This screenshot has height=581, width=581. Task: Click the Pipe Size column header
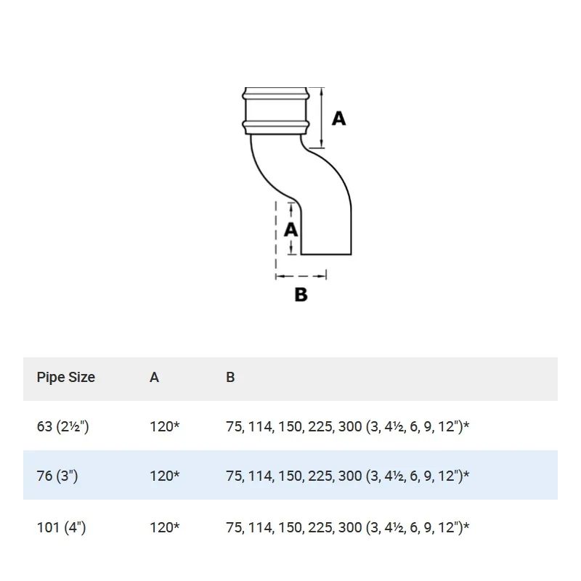click(x=65, y=378)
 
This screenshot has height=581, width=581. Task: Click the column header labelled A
click(x=154, y=378)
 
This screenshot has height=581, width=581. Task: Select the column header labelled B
click(x=230, y=378)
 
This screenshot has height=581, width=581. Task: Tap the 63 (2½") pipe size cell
click(x=62, y=426)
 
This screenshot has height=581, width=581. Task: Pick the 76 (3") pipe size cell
click(x=57, y=476)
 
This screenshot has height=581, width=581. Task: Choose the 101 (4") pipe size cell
click(x=61, y=527)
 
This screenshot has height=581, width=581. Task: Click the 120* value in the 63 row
click(x=164, y=426)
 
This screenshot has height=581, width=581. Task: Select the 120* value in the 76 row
click(x=164, y=476)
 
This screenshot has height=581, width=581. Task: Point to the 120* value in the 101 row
click(x=164, y=527)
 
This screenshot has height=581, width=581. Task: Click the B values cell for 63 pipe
click(x=347, y=426)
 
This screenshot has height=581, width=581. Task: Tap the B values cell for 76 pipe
click(x=347, y=476)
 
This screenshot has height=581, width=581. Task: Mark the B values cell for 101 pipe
click(x=347, y=527)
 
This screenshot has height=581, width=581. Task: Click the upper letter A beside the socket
click(x=338, y=118)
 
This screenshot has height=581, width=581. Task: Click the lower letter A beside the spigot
click(x=290, y=229)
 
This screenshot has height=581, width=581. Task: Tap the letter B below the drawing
click(x=301, y=295)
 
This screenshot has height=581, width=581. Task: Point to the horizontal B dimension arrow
click(x=301, y=275)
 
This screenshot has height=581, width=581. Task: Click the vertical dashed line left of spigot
click(x=275, y=232)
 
